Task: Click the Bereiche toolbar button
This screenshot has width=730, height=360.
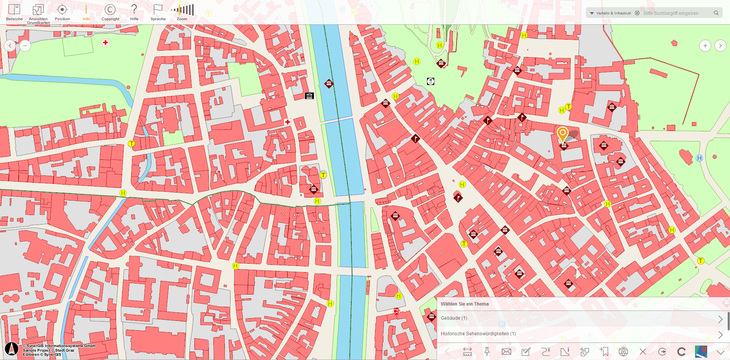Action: click(14, 12)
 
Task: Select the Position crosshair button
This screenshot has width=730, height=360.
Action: click(62, 12)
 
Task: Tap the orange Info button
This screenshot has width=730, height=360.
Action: click(86, 12)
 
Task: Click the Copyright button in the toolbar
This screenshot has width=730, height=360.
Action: click(110, 12)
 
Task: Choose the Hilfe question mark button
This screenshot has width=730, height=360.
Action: click(134, 12)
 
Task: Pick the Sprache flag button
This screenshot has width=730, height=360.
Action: click(158, 12)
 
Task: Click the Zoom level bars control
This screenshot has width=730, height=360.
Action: click(182, 12)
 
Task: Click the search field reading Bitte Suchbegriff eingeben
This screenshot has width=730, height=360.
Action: click(675, 13)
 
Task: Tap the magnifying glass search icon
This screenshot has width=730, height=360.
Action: click(716, 13)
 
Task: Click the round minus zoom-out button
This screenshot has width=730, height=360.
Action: click(25, 46)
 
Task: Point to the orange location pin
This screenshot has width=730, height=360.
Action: click(563, 134)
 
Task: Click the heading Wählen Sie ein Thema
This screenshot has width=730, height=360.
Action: click(464, 304)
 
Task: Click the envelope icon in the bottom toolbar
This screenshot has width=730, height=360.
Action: click(506, 352)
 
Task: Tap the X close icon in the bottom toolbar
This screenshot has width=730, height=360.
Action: click(643, 352)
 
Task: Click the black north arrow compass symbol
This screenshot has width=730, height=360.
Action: click(11, 349)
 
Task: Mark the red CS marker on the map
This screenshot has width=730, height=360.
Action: click(396, 311)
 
